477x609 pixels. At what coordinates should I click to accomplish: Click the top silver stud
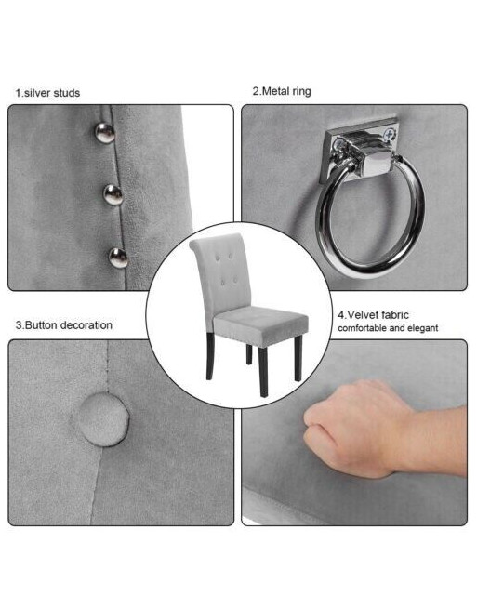[x=105, y=133]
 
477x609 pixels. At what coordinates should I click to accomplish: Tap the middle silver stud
[x=113, y=194]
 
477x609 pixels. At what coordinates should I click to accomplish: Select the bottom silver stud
[x=118, y=258]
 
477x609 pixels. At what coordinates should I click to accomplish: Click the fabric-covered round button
[x=100, y=419]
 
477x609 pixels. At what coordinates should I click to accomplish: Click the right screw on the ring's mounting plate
[x=388, y=135]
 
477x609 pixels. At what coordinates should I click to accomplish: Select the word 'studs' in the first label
[x=66, y=93]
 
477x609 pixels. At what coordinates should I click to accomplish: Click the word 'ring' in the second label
[x=301, y=92]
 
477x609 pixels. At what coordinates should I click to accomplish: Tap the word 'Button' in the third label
[x=43, y=325]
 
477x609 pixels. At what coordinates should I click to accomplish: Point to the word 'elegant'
[x=423, y=328]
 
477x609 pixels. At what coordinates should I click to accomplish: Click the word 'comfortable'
[x=363, y=328]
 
